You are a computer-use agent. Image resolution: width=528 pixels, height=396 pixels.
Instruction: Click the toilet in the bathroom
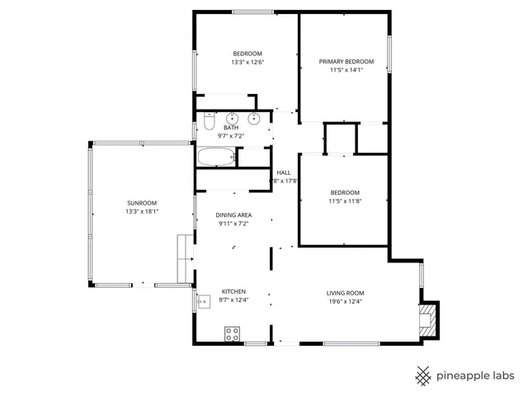tap(209, 125)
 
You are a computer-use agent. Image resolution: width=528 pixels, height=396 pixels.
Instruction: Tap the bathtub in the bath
tap(216, 157)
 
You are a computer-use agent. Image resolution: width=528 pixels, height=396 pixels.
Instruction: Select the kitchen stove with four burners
tap(233, 334)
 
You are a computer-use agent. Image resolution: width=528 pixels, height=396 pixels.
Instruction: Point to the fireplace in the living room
tap(428, 321)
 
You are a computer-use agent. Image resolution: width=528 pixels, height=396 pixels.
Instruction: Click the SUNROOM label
tap(141, 203)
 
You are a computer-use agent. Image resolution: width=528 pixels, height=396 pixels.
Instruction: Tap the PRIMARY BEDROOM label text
tap(346, 62)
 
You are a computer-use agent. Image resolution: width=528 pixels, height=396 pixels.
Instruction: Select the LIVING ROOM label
tap(346, 293)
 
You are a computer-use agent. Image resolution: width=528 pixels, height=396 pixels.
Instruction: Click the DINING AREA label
tap(233, 214)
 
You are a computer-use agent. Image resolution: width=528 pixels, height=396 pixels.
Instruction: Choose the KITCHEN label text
tap(233, 292)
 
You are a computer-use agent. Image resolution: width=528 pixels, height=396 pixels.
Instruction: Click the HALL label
tap(284, 172)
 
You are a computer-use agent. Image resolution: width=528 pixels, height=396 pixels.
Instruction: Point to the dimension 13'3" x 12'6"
tap(247, 62)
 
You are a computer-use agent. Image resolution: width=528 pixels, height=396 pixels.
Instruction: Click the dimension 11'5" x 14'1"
tap(346, 70)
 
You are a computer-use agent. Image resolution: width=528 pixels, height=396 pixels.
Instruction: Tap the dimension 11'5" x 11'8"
tap(345, 200)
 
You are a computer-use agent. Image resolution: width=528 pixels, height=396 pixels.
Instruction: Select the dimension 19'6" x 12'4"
tap(346, 301)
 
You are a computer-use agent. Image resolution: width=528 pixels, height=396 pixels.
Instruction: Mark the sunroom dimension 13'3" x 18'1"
tap(141, 211)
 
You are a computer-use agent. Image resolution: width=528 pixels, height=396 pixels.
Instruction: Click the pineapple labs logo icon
tap(423, 375)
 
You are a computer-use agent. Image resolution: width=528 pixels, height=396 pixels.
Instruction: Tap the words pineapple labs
tap(477, 375)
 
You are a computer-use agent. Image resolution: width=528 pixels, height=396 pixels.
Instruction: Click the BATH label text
tap(231, 128)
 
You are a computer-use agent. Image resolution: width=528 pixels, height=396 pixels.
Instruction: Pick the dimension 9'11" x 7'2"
tap(233, 223)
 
